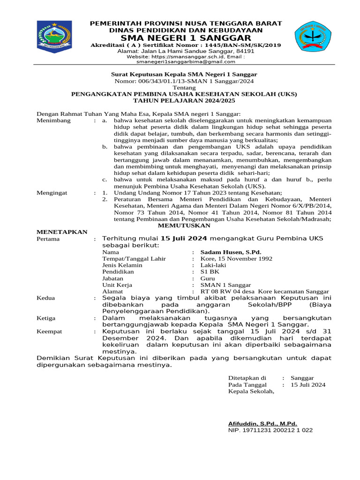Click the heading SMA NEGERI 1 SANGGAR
coord(186,37)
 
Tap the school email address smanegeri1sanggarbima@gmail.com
coord(186,61)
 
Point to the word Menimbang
coord(53,120)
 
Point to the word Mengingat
coord(52,193)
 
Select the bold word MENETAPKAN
coord(62,232)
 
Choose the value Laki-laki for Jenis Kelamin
coord(213,265)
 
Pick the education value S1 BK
coord(210,271)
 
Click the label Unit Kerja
coord(117,285)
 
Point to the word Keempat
coord(49,331)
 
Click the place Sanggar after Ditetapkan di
coord(302,378)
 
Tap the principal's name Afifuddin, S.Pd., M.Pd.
coord(262,423)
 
